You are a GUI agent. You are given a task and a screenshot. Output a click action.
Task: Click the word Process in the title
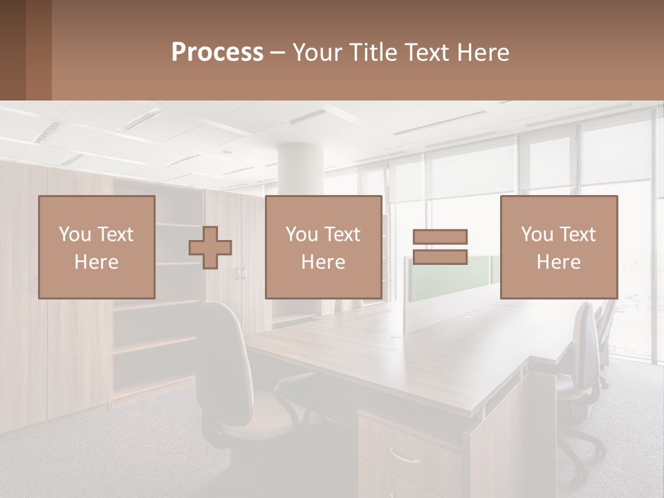217,52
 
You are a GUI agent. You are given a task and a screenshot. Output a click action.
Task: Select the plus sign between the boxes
210,248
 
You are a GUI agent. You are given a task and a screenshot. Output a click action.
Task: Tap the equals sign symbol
440,247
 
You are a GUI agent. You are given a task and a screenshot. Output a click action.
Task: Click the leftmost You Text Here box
97,248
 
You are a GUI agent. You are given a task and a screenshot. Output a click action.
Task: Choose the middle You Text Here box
323,248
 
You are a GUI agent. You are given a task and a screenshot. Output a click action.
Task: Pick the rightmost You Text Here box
558,248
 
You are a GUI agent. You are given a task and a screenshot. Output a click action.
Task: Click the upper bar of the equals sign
440,237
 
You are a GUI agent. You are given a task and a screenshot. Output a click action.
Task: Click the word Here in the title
482,52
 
